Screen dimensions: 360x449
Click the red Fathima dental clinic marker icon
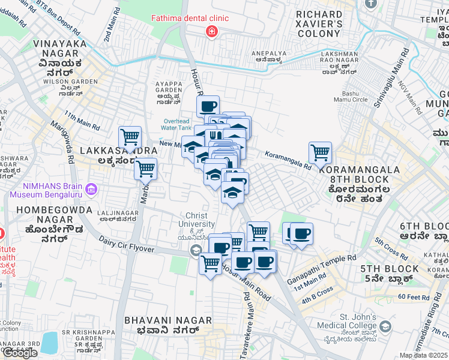(x=211, y=31)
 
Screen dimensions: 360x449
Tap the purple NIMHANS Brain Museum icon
(x=91, y=190)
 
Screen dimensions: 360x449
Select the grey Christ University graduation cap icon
(x=195, y=251)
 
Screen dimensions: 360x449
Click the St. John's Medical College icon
(x=385, y=327)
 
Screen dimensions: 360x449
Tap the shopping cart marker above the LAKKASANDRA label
(x=130, y=137)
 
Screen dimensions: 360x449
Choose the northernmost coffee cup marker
(x=208, y=107)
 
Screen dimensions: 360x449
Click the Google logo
(x=20, y=353)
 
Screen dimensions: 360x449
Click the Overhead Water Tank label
(x=177, y=124)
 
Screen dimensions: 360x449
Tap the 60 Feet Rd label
(x=414, y=297)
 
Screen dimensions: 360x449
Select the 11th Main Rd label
(x=82, y=121)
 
